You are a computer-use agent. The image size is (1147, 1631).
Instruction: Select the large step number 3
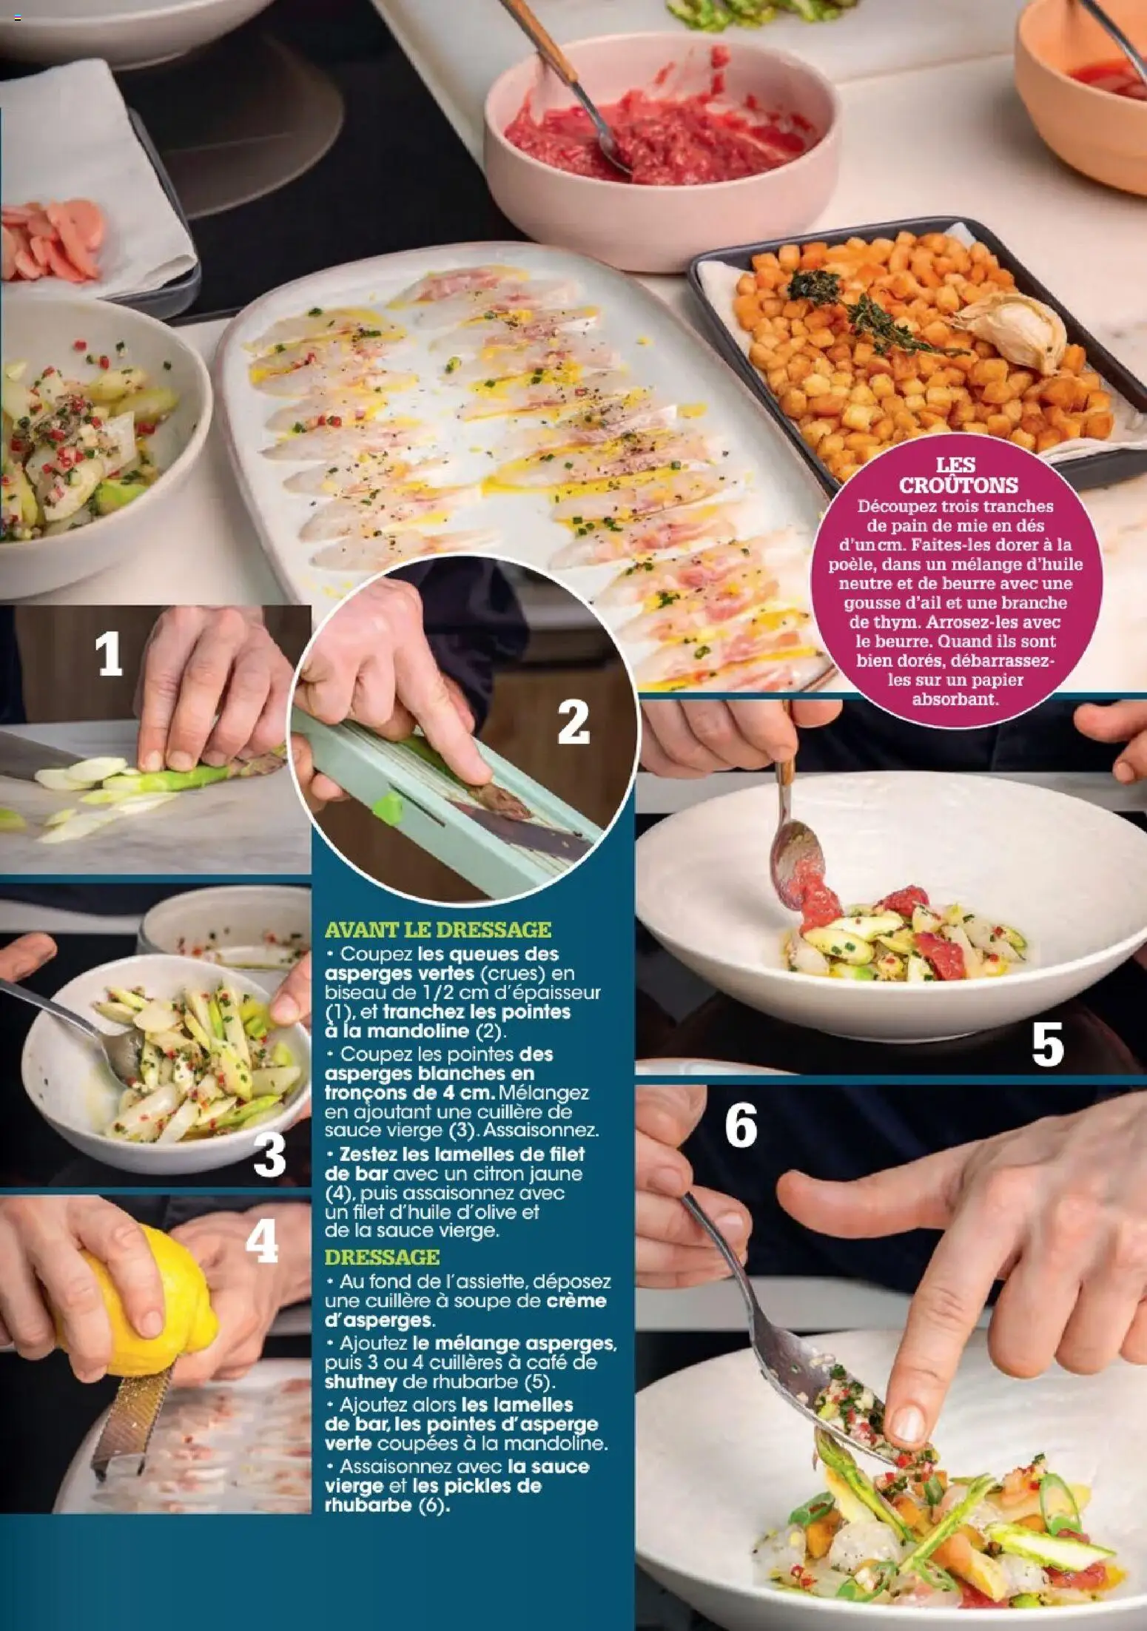[269, 1157]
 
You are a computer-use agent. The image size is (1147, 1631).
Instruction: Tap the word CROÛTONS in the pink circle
[958, 485]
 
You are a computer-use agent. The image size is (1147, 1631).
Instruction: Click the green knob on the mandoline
[388, 807]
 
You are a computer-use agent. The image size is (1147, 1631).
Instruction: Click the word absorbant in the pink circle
[955, 698]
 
